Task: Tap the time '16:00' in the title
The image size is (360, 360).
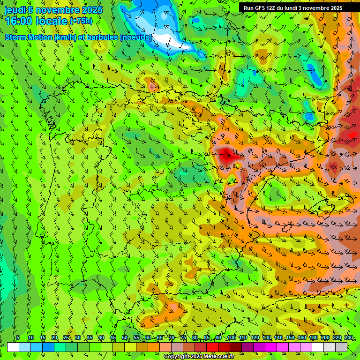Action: pyautogui.click(x=18, y=21)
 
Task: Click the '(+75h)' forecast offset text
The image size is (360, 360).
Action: pyautogui.click(x=81, y=21)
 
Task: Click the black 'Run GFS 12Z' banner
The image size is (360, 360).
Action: pyautogui.click(x=299, y=8)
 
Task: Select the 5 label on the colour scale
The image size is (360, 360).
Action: pyautogui.click(x=18, y=337)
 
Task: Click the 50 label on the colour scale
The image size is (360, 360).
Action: pyautogui.click(x=125, y=337)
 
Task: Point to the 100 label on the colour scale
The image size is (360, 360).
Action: pyautogui.click(x=232, y=337)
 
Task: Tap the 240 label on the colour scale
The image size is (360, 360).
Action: pyautogui.click(x=348, y=337)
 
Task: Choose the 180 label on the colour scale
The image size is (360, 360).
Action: pyautogui.click(x=313, y=337)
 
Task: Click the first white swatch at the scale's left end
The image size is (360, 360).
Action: pyautogui.click(x=13, y=347)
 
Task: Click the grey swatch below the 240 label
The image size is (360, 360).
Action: pyautogui.click(x=341, y=347)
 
